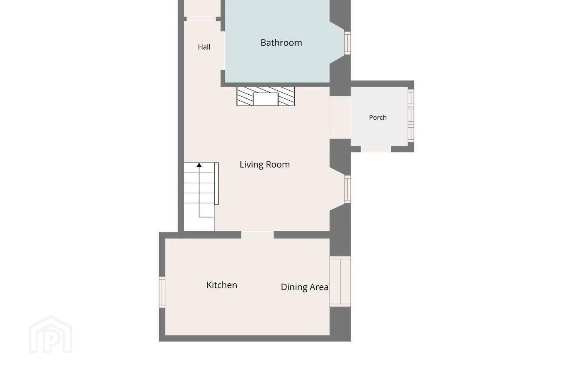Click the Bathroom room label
tap(281, 43)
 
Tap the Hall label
tap(204, 47)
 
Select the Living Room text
tap(265, 164)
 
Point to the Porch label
tap(378, 117)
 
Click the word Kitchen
tap(222, 285)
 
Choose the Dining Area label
tap(305, 287)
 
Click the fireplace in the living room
tap(265, 96)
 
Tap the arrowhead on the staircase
tap(199, 165)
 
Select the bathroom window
tap(347, 43)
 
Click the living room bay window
tap(347, 189)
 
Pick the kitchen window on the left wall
tap(162, 292)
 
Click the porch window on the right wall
tap(411, 116)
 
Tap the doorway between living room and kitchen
tap(257, 235)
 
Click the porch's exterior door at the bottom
tap(376, 149)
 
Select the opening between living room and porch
tap(340, 118)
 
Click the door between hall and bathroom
tap(223, 51)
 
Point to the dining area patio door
tap(340, 281)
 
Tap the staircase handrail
tap(216, 184)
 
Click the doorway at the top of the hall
tap(201, 19)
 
